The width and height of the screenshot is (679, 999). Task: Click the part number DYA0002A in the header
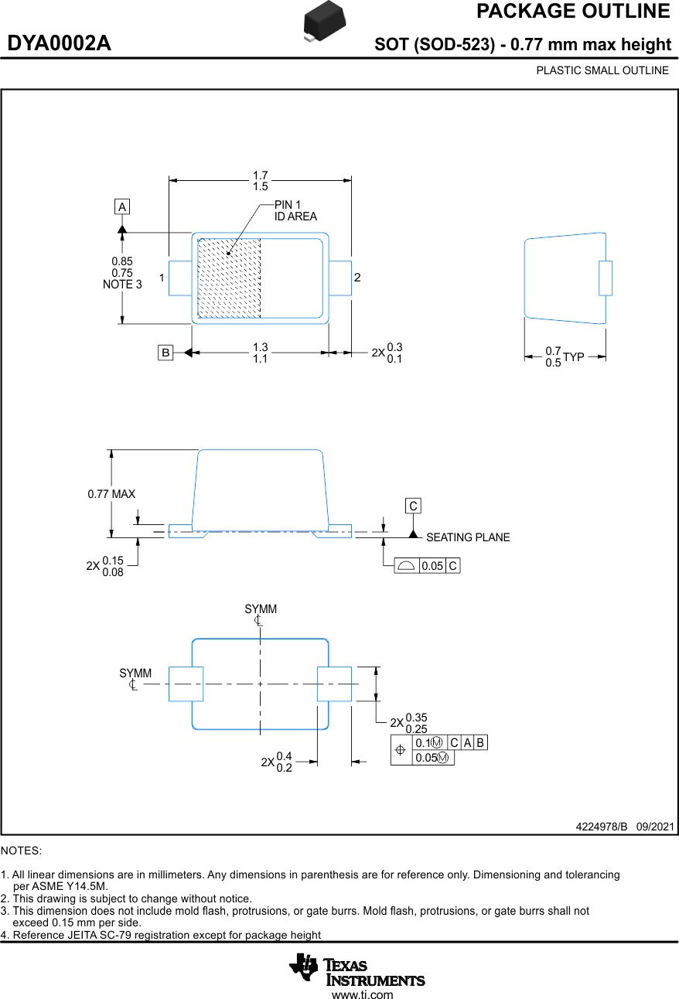tap(60, 44)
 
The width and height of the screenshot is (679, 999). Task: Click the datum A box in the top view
tap(121, 206)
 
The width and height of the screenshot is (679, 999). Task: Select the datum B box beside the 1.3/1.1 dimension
tap(165, 353)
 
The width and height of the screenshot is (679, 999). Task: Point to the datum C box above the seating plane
tap(413, 506)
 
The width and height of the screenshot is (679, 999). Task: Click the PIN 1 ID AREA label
tap(295, 210)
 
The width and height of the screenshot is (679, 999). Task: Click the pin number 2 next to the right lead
tap(357, 277)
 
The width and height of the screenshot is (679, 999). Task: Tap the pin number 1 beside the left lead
tap(162, 277)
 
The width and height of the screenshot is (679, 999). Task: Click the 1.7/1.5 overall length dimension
tap(261, 181)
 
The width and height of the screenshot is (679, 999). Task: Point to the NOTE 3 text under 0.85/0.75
tap(122, 285)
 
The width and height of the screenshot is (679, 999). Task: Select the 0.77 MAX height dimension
tap(111, 494)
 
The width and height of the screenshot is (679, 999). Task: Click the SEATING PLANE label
tap(468, 537)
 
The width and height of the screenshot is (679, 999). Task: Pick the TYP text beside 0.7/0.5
tap(574, 357)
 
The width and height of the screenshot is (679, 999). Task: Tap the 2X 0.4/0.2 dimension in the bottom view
tap(277, 762)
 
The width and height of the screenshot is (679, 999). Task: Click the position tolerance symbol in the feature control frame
tap(401, 750)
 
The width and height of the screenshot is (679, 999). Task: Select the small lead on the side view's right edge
tap(605, 278)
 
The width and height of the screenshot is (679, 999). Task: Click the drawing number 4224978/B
tap(602, 827)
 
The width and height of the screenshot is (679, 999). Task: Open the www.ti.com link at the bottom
tap(362, 994)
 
